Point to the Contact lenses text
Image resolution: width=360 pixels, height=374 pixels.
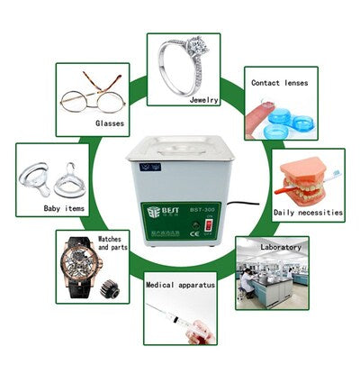point(280,82)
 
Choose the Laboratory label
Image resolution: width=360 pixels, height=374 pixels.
point(281,245)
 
